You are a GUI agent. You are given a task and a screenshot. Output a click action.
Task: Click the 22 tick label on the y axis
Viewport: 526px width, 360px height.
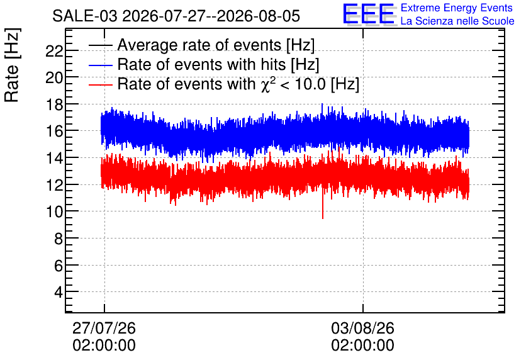pos(54,52)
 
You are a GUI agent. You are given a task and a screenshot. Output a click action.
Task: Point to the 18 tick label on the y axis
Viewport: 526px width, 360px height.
pos(54,104)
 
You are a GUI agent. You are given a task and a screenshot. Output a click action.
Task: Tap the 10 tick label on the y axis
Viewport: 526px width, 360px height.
pos(54,211)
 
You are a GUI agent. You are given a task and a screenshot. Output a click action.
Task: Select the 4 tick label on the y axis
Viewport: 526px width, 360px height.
pos(59,292)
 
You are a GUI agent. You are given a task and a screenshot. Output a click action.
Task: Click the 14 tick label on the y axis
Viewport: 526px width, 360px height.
pos(54,158)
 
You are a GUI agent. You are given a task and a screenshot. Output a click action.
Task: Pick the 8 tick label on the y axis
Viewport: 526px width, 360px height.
pos(59,239)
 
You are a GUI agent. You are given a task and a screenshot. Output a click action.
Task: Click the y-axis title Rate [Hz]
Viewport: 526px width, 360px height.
pos(12,65)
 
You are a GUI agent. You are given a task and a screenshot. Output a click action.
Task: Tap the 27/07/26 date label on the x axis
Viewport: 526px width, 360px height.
pos(104,328)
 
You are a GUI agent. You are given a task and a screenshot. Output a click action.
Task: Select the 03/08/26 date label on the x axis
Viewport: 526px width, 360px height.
pos(362,328)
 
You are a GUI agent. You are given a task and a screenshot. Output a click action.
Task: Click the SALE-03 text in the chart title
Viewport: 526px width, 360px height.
pos(85,16)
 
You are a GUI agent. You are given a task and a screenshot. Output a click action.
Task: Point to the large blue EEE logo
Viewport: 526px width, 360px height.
pos(369,14)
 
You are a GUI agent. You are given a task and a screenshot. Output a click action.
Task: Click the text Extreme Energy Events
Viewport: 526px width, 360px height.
pos(457,8)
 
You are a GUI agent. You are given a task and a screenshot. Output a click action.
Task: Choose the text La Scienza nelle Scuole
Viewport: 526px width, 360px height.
pos(457,21)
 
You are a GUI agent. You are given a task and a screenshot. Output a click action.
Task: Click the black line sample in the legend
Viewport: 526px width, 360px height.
pos(100,45)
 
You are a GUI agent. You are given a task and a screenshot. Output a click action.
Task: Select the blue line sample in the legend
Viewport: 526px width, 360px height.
pos(100,65)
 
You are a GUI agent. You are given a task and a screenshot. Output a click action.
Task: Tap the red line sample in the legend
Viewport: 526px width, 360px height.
pos(100,85)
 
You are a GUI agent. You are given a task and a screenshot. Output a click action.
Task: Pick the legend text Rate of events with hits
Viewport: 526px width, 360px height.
pos(201,64)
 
